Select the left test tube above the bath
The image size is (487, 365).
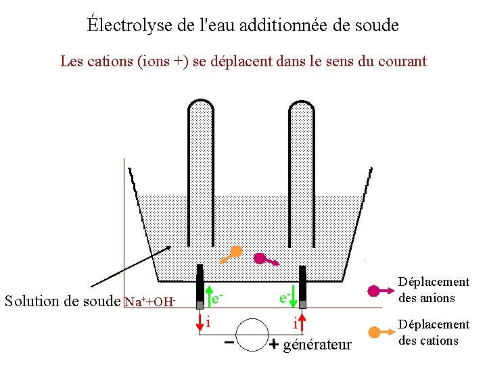click(x=201, y=169)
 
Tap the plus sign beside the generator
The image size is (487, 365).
click(x=273, y=345)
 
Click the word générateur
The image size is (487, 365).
click(x=317, y=345)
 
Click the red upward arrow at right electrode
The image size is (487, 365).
click(x=302, y=322)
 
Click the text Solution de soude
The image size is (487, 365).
click(x=62, y=301)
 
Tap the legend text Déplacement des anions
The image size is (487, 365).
click(x=434, y=289)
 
